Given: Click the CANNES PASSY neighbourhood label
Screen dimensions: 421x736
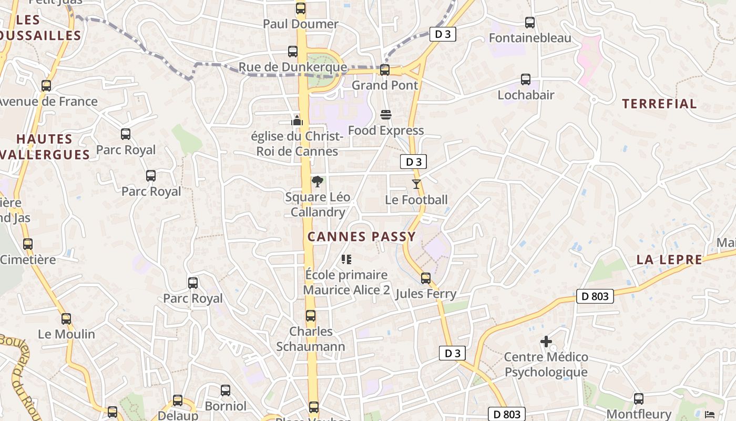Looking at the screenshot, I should [x=362, y=237].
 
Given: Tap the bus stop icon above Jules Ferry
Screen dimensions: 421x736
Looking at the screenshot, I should [x=426, y=278].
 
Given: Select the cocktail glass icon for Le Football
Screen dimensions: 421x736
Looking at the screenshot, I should [x=416, y=184].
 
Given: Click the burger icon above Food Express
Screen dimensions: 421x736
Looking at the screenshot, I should [x=386, y=115].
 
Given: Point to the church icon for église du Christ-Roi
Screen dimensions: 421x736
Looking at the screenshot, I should [x=297, y=121].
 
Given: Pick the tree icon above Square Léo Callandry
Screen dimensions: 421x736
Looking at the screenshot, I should [x=317, y=182].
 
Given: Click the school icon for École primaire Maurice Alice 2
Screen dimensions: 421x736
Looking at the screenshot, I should [x=346, y=259].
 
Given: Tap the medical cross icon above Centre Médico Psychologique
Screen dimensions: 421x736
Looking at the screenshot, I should [x=546, y=342].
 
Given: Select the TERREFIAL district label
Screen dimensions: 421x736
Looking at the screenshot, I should [x=660, y=104].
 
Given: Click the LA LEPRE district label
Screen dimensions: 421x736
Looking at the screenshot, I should [x=669, y=259].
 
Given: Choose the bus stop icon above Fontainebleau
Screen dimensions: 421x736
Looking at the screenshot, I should [x=530, y=23].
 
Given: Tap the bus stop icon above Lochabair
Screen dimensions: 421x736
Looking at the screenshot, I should [x=526, y=79].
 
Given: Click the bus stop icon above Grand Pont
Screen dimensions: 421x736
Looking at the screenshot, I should [x=385, y=69].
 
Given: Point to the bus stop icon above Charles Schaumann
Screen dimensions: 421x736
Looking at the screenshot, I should [x=311, y=316].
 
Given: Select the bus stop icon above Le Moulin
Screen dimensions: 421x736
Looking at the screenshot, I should [x=66, y=318].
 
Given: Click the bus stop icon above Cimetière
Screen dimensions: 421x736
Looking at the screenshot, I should [x=28, y=244].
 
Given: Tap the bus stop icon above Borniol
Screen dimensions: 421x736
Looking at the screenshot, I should [x=226, y=390].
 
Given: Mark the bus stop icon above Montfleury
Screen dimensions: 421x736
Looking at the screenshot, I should [x=639, y=399].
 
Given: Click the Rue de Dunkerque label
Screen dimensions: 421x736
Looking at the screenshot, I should [x=293, y=67].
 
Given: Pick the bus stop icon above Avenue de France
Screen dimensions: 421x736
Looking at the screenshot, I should [x=46, y=85].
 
